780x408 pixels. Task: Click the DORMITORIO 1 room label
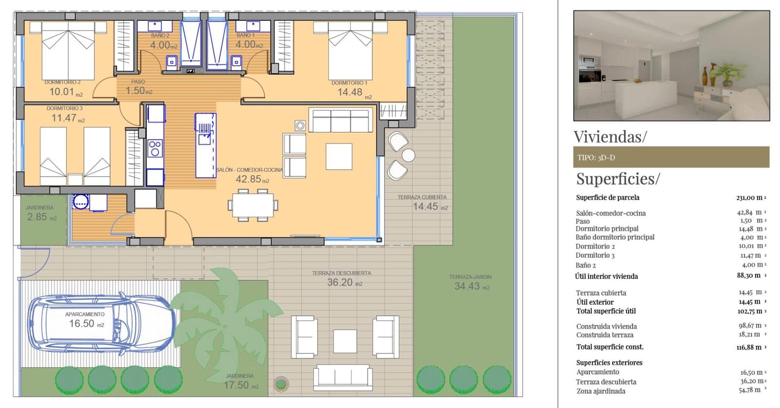point(349,83)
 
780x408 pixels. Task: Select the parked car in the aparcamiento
point(101,323)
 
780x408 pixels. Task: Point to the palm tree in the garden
point(224,317)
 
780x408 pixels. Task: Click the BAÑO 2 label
point(160,36)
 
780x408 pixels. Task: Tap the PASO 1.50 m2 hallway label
point(138,87)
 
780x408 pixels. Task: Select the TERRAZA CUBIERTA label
point(422,197)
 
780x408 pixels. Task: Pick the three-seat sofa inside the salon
point(340,121)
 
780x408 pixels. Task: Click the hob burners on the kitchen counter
point(155,148)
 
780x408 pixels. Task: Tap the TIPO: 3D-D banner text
point(596,158)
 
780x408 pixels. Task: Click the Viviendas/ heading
point(610,137)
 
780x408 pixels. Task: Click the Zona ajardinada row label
point(601,391)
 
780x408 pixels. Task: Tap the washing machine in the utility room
point(80,201)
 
